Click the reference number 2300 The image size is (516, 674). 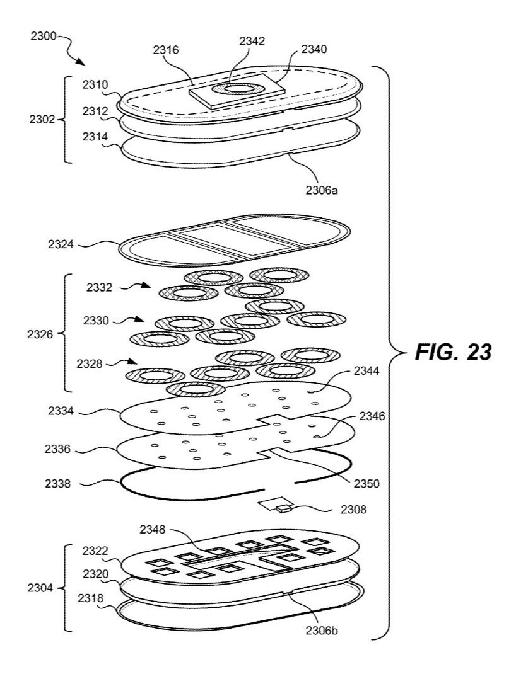click(42, 37)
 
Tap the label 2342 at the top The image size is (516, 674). click(252, 41)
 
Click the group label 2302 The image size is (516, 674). click(42, 118)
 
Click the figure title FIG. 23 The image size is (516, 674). click(452, 352)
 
